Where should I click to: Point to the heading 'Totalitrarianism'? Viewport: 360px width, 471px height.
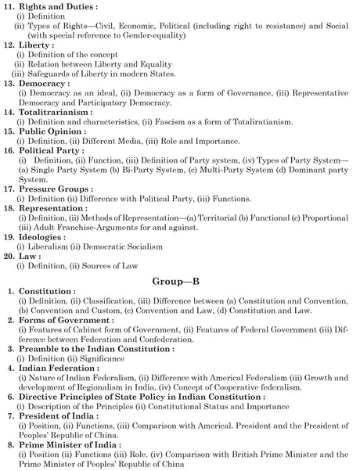(61, 112)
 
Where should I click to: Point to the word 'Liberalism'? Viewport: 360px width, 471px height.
(46, 247)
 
